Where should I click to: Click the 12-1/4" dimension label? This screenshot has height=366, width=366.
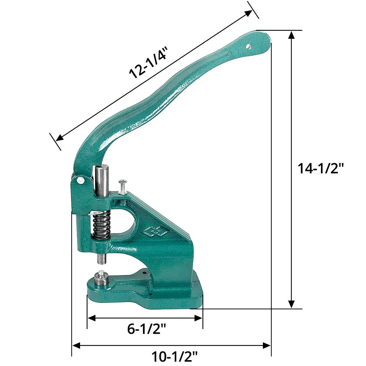[x=148, y=63]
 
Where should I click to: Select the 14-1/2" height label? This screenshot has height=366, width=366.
[x=321, y=168]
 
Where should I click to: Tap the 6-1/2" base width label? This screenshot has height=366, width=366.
[x=147, y=329]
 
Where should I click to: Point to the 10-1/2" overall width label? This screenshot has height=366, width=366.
[x=175, y=356]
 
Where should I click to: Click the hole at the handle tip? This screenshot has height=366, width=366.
[x=249, y=46]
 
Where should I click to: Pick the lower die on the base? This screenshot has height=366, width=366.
[x=102, y=278]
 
